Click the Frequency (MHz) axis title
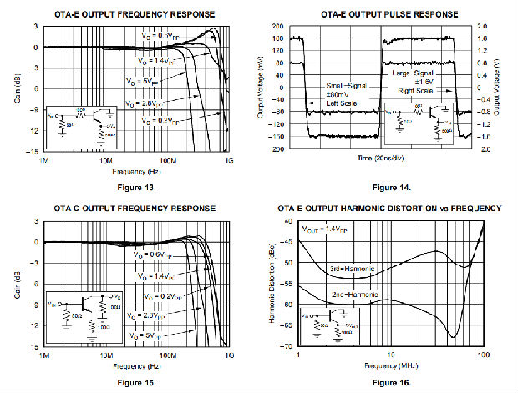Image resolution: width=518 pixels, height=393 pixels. (x=389, y=364)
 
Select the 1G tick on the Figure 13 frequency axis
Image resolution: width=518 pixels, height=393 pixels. (x=228, y=159)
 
